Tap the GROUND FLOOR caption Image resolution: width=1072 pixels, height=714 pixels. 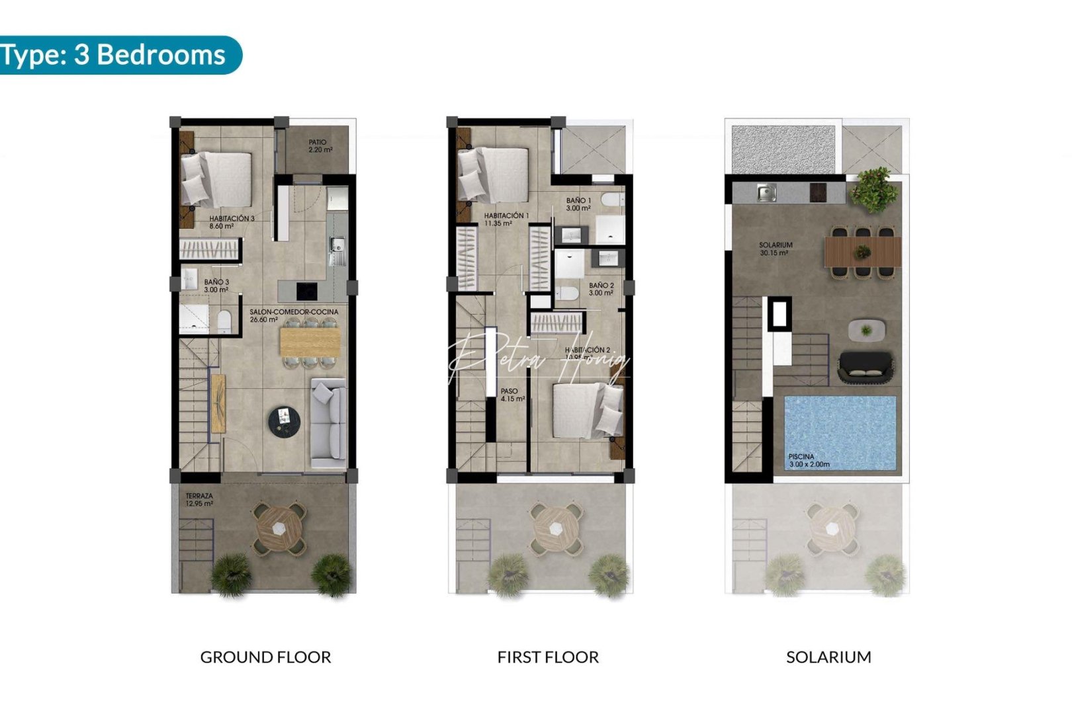point(265,657)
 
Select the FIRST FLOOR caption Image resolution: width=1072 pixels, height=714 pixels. point(548,657)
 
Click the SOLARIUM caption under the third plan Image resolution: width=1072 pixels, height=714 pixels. point(828,657)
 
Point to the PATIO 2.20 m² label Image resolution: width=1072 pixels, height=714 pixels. point(320,146)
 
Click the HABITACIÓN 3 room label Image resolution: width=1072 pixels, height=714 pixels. point(231,222)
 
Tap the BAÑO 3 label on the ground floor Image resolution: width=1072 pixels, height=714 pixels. point(216,286)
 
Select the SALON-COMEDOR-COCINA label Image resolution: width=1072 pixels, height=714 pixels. point(293,315)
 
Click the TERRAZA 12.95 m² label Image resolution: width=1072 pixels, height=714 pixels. point(199,500)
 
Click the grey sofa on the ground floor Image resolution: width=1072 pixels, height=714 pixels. point(328,422)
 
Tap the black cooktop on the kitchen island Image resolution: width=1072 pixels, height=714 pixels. point(306,291)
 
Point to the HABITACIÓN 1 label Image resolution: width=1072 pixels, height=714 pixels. point(506,219)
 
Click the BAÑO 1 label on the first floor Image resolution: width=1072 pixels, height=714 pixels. point(578,204)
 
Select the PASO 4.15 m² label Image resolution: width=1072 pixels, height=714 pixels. point(512,395)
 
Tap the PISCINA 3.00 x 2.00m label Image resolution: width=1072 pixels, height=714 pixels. point(808,461)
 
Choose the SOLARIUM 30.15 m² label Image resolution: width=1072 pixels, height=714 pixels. point(775,249)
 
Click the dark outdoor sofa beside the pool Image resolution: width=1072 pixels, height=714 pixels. point(865,368)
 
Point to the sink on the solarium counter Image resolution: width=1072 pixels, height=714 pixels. point(768,194)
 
